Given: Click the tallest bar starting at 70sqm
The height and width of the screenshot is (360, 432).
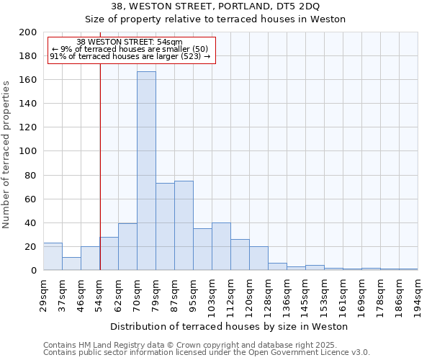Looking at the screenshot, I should click(x=146, y=171).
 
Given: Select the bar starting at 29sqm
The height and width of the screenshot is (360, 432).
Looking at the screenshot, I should click(x=53, y=256).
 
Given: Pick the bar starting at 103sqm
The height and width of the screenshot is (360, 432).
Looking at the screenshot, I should click(x=221, y=246).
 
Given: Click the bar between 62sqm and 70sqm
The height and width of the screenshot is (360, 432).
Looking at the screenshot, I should click(x=127, y=246).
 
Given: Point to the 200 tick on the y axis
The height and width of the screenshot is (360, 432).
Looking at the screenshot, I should click(x=29, y=32).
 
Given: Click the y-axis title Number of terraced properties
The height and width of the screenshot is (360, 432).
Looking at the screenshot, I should click(x=6, y=154).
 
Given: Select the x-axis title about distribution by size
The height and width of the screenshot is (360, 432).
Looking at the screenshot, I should click(x=230, y=326).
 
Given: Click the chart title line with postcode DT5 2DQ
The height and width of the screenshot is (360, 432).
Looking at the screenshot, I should click(x=216, y=6).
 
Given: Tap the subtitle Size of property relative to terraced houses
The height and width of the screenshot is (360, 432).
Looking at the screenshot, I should click(x=216, y=19).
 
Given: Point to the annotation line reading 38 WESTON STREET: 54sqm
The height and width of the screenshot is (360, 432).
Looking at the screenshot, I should click(x=129, y=42).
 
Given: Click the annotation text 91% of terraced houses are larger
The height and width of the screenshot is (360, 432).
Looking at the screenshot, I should click(x=130, y=56).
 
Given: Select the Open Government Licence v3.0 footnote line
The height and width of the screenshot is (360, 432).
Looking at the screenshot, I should click(x=206, y=352).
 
